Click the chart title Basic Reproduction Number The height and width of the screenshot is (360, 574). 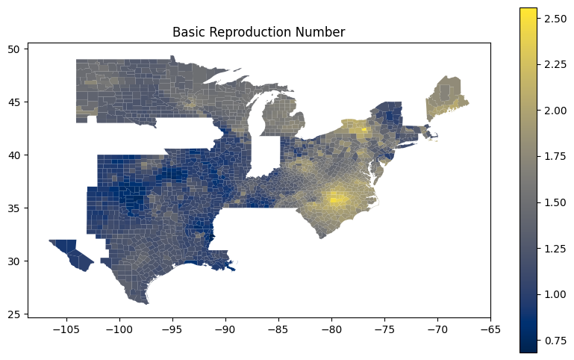258,32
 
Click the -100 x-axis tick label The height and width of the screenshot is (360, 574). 119,328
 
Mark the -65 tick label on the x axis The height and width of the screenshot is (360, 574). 490,328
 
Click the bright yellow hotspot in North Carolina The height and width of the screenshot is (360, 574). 334,199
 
